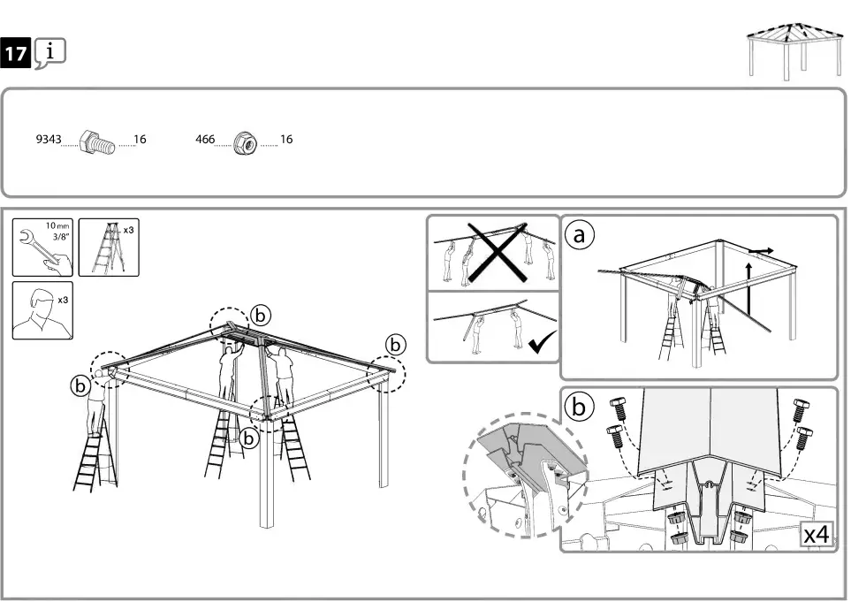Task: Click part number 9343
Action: [x=47, y=140]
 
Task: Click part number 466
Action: [x=204, y=140]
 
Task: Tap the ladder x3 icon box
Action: [x=109, y=247]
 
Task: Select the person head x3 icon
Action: [x=42, y=310]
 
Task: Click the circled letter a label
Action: [x=579, y=235]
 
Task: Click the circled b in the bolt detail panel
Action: [x=579, y=407]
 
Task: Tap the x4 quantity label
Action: [x=817, y=536]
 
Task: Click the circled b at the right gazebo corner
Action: [x=395, y=342]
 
